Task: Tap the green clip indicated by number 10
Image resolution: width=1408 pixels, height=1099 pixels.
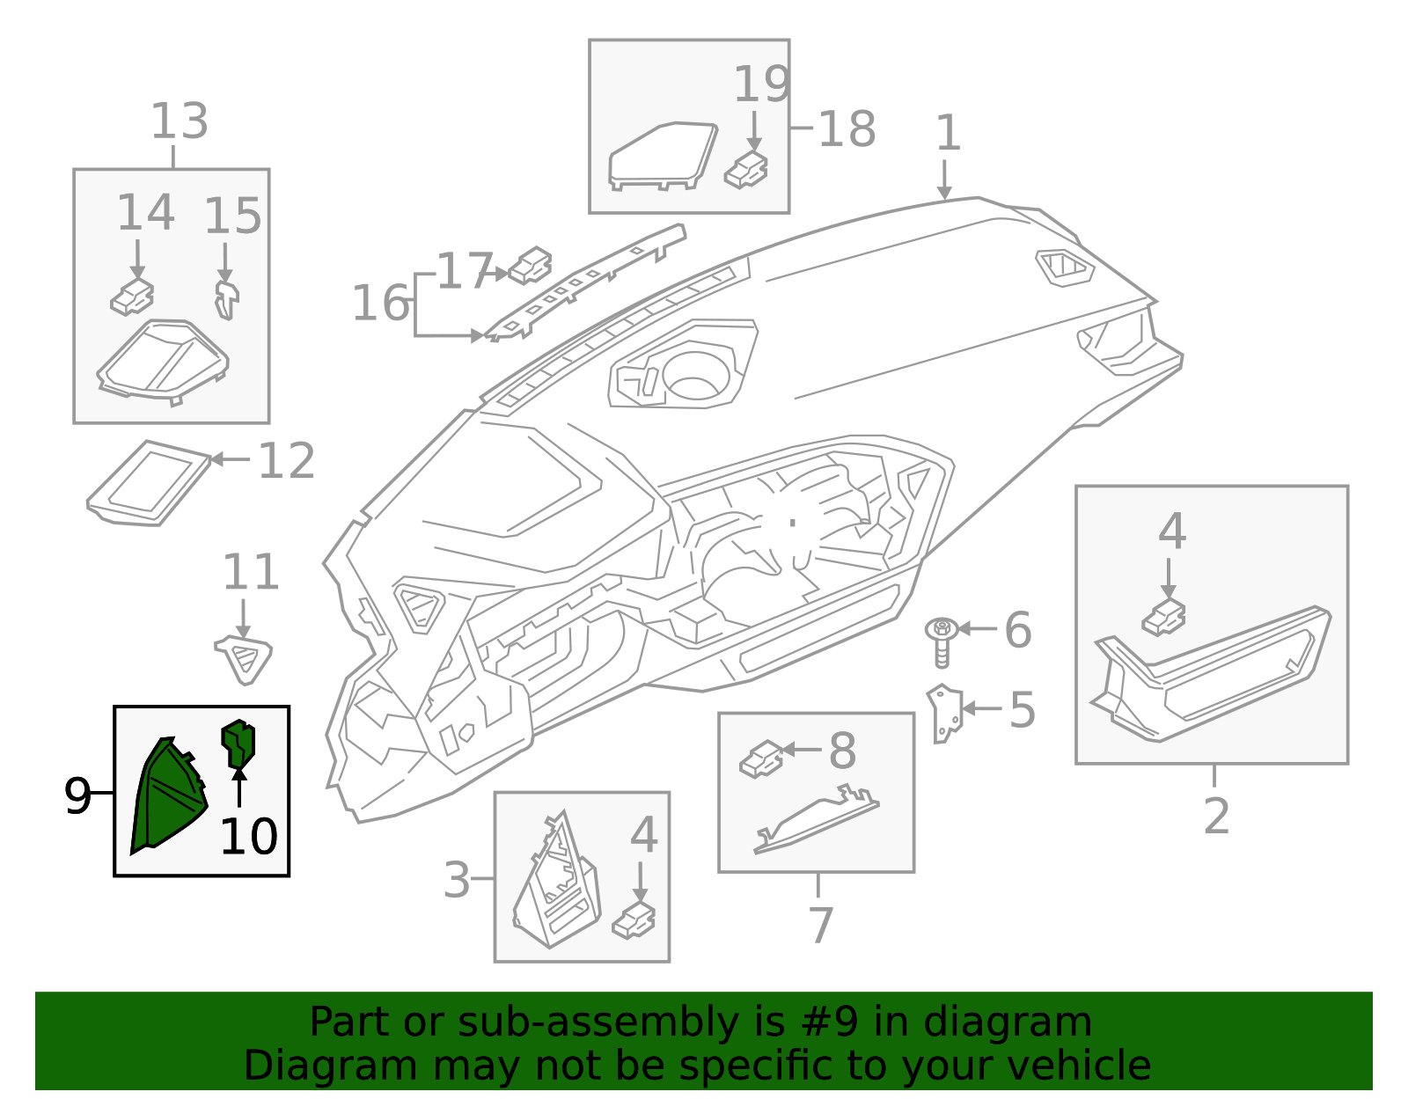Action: [238, 744]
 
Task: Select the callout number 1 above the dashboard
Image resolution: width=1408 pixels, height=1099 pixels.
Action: [948, 133]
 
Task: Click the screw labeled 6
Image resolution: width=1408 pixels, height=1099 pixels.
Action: [942, 642]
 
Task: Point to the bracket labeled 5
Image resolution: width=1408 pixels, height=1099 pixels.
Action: [945, 714]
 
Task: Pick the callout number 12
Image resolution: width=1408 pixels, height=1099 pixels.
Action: [286, 461]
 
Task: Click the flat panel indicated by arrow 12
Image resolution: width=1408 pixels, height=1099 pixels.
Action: [149, 483]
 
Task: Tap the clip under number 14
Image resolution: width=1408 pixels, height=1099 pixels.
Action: [132, 297]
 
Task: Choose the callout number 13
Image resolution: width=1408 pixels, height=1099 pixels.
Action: [180, 121]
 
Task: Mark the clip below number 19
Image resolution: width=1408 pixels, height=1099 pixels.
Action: [745, 171]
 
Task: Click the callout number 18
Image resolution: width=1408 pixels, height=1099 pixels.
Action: [847, 128]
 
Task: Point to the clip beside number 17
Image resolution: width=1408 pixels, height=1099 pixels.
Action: [530, 266]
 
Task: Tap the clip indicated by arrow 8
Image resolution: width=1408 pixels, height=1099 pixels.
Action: [762, 759]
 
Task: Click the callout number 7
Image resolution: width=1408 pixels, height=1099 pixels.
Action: [820, 926]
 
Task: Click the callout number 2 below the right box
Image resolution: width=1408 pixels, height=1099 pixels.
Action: [1216, 817]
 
